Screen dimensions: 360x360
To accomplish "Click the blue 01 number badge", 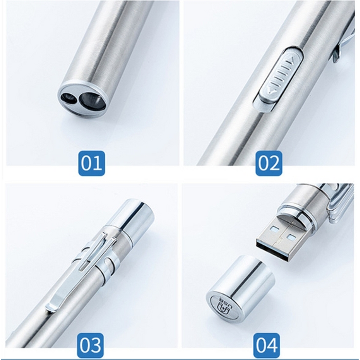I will [91, 162].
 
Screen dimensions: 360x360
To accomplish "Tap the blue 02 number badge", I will [269, 162].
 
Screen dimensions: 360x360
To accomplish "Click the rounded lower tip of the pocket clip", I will [52, 307].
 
